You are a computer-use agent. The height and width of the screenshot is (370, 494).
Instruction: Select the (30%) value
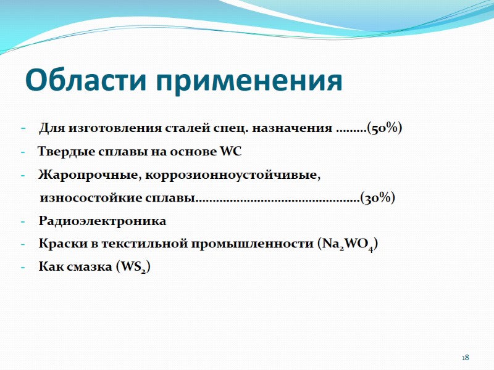pos(377,198)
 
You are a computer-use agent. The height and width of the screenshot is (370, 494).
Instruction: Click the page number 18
pos(466,358)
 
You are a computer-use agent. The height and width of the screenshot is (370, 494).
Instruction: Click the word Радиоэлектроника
pos(103,221)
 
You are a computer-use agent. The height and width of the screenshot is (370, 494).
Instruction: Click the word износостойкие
pos(85,198)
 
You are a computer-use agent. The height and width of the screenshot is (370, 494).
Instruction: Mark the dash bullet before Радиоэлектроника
pos(23,221)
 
